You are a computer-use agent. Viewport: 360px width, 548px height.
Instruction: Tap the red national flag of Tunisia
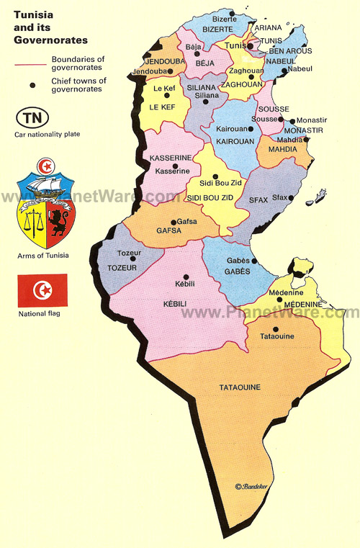pos(43,290)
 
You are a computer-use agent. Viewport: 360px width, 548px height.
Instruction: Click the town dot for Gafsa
pos(173,222)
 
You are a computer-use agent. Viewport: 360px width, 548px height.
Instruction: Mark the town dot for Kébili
pos(186,277)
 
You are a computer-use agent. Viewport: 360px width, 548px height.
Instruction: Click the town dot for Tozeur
pos(132,259)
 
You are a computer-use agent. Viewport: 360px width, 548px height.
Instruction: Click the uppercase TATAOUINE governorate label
pos(240,388)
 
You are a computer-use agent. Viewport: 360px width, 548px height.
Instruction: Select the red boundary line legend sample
pos(32,63)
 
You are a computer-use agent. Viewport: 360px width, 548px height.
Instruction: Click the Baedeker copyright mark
pos(251,487)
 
